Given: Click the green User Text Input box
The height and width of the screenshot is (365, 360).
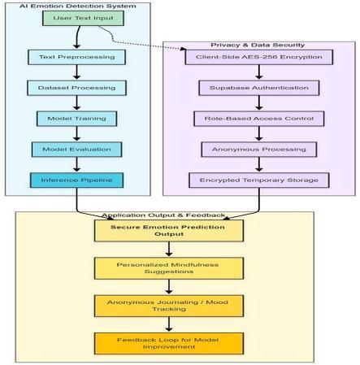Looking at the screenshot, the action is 83,18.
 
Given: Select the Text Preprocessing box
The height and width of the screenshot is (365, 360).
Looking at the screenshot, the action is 76,57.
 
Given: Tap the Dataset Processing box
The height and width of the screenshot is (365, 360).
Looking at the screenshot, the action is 76,88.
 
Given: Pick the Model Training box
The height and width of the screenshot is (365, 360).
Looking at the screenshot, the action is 76,119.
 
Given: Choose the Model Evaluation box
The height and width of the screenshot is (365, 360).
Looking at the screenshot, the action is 76,150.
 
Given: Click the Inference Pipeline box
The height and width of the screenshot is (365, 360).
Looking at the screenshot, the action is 76,180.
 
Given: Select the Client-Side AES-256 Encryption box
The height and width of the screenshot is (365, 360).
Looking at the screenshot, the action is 259,57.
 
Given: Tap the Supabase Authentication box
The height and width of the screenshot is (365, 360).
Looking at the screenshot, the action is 259,88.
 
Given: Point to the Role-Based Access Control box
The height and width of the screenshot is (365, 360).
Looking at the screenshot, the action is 259,119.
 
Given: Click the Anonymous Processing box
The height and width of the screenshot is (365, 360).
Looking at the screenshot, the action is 259,150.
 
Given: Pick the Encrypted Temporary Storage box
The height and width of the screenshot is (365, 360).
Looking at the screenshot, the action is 259,180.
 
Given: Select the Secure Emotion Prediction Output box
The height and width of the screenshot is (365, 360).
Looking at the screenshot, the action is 169,231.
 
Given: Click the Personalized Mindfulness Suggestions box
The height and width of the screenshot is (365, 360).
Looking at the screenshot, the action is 169,268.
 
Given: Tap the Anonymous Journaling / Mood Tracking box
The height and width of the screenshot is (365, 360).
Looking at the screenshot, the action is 169,306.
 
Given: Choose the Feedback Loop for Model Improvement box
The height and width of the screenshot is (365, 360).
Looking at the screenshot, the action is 169,343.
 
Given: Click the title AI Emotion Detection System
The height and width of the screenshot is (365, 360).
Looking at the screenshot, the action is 77,6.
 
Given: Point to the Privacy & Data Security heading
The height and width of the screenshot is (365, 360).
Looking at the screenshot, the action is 258,45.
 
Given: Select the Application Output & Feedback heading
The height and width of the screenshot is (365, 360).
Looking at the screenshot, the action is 163,215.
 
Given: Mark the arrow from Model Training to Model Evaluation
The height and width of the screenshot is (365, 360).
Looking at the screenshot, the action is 76,134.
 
